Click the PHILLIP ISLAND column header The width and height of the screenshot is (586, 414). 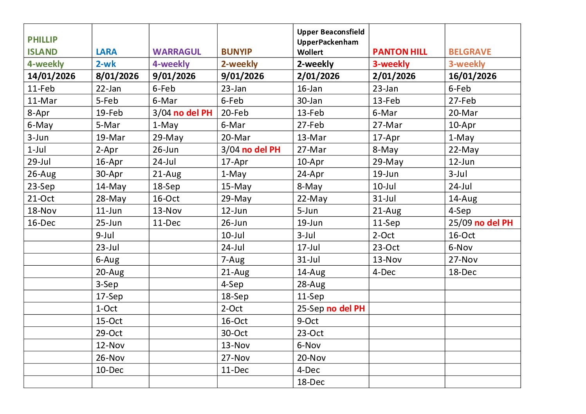[x=42, y=45]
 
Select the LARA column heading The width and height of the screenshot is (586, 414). [x=106, y=52]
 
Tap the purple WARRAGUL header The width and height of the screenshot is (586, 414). [x=177, y=52]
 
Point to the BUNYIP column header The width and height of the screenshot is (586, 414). [x=236, y=52]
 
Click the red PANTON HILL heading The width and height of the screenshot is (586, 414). [x=400, y=52]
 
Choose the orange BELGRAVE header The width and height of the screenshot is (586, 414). [x=469, y=52]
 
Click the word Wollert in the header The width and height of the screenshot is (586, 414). [x=310, y=52]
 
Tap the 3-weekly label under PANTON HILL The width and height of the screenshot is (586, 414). [x=391, y=64]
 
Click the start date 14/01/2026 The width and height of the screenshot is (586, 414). [x=51, y=76]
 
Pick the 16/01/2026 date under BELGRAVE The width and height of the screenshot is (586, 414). [x=472, y=76]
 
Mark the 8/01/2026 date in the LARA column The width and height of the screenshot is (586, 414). [x=117, y=76]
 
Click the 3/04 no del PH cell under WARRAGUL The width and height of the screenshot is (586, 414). [x=182, y=113]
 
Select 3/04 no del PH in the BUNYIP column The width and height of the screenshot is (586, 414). [x=251, y=149]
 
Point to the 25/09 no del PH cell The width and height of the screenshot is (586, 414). [x=480, y=223]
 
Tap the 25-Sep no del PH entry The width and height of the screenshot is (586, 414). [x=330, y=308]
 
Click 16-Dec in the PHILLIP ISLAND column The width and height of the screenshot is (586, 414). [x=41, y=223]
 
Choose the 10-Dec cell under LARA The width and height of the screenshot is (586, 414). [x=110, y=370]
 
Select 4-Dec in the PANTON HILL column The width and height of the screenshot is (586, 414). [x=384, y=272]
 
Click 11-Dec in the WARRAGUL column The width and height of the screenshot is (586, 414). [x=166, y=223]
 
